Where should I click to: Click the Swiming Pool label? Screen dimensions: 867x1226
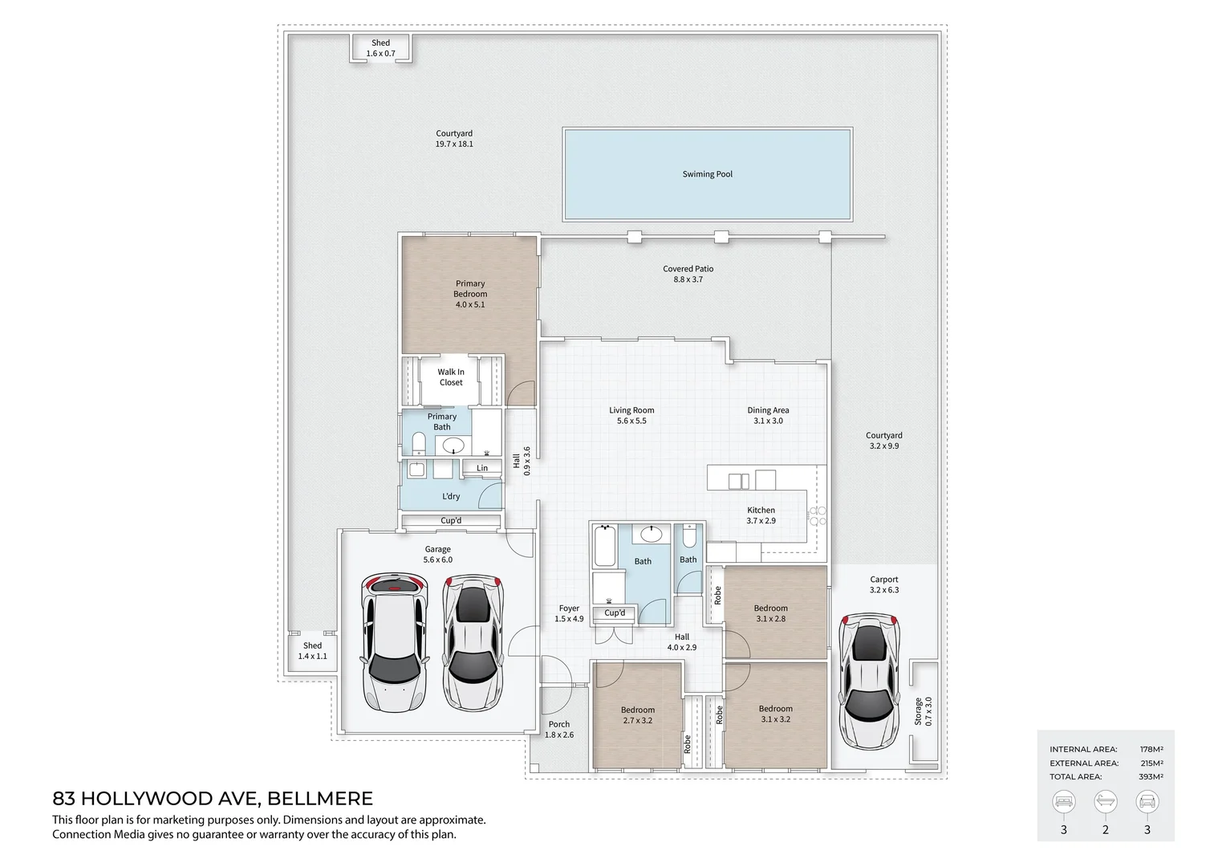coord(707,174)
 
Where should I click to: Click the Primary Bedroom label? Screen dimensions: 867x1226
coord(470,288)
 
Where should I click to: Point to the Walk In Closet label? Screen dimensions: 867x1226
coord(450,377)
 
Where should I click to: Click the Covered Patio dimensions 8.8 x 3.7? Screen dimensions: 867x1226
coord(688,279)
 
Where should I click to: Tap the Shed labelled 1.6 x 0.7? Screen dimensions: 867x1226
coord(380,48)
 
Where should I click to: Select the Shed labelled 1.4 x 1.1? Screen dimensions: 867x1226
coord(312,650)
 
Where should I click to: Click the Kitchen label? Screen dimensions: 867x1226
coord(761,510)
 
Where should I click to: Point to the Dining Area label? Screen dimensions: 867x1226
coord(768,410)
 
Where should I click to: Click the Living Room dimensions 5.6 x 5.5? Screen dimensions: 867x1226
coord(631,421)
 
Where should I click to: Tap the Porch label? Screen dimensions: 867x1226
coord(559,724)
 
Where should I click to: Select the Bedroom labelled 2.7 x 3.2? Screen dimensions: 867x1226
coord(637,714)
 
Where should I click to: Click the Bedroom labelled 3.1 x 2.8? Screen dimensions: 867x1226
coord(770,613)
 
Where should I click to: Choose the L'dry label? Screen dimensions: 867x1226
coord(451,496)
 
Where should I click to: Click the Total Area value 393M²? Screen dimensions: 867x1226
coord(1151,776)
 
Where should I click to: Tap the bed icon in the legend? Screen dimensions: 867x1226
coord(1064,801)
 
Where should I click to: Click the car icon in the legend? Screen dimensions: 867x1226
coord(1147,801)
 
